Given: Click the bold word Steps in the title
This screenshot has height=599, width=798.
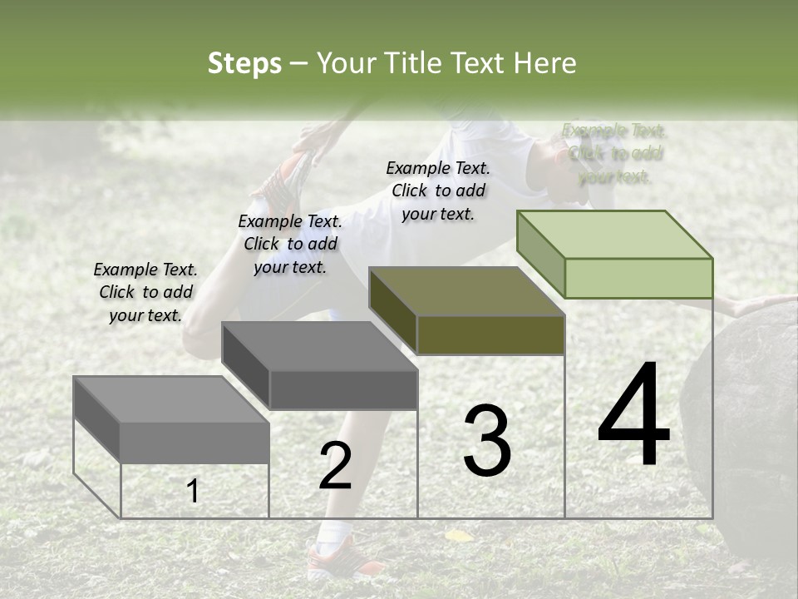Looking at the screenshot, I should [244, 63].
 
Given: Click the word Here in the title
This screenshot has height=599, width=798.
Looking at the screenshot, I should [545, 63].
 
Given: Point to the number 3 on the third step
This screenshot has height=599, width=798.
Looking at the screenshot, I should [486, 440].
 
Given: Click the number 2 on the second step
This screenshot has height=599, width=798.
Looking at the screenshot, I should [335, 466].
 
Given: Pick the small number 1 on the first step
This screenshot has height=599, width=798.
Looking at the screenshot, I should [193, 492].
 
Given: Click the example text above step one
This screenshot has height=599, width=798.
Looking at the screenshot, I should [145, 292].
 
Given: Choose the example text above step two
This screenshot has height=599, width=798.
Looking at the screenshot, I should [290, 244].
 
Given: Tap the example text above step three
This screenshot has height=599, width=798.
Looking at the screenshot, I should [438, 190].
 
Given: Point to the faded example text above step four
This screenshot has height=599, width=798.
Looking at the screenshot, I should [614, 153].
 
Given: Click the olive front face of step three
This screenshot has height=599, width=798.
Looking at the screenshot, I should [490, 335].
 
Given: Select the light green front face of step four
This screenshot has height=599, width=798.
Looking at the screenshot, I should [638, 278].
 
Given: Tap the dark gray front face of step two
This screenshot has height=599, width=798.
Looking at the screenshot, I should [343, 389].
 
